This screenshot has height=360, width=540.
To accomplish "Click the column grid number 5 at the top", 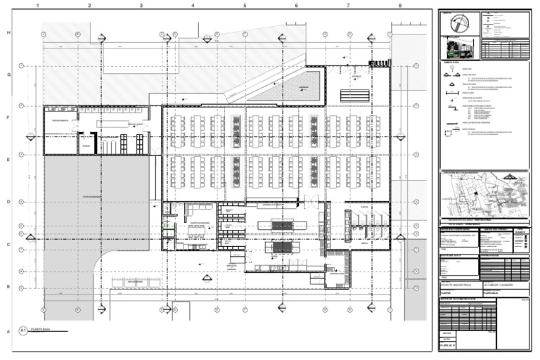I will pos(245,5).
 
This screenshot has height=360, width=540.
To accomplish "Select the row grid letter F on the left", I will pos(8,118).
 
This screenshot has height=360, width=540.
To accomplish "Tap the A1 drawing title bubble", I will pos(23,330).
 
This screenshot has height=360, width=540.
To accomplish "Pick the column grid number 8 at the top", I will pos(399,5).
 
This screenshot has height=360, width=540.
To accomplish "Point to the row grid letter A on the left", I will pos(8,330).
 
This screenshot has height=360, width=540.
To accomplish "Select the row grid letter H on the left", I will pos(8,33).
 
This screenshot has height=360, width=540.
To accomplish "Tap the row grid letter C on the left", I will pos(8,245).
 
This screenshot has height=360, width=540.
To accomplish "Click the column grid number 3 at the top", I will pos(141,5).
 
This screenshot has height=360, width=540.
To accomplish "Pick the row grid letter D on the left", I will pos(8,202).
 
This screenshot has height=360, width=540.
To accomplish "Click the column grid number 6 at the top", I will pos(296,5).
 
